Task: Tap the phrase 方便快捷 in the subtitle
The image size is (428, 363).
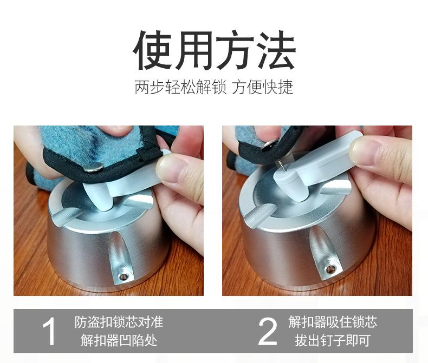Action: pyautogui.click(x=263, y=88)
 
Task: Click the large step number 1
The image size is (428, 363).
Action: pyautogui.click(x=49, y=332)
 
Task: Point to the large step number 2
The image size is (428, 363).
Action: pyautogui.click(x=267, y=332)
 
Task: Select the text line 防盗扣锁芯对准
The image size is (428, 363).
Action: pyautogui.click(x=119, y=322)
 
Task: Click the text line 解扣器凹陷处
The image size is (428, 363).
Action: pyautogui.click(x=119, y=341)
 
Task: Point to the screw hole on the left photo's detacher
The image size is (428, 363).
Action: pyautogui.click(x=124, y=276)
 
